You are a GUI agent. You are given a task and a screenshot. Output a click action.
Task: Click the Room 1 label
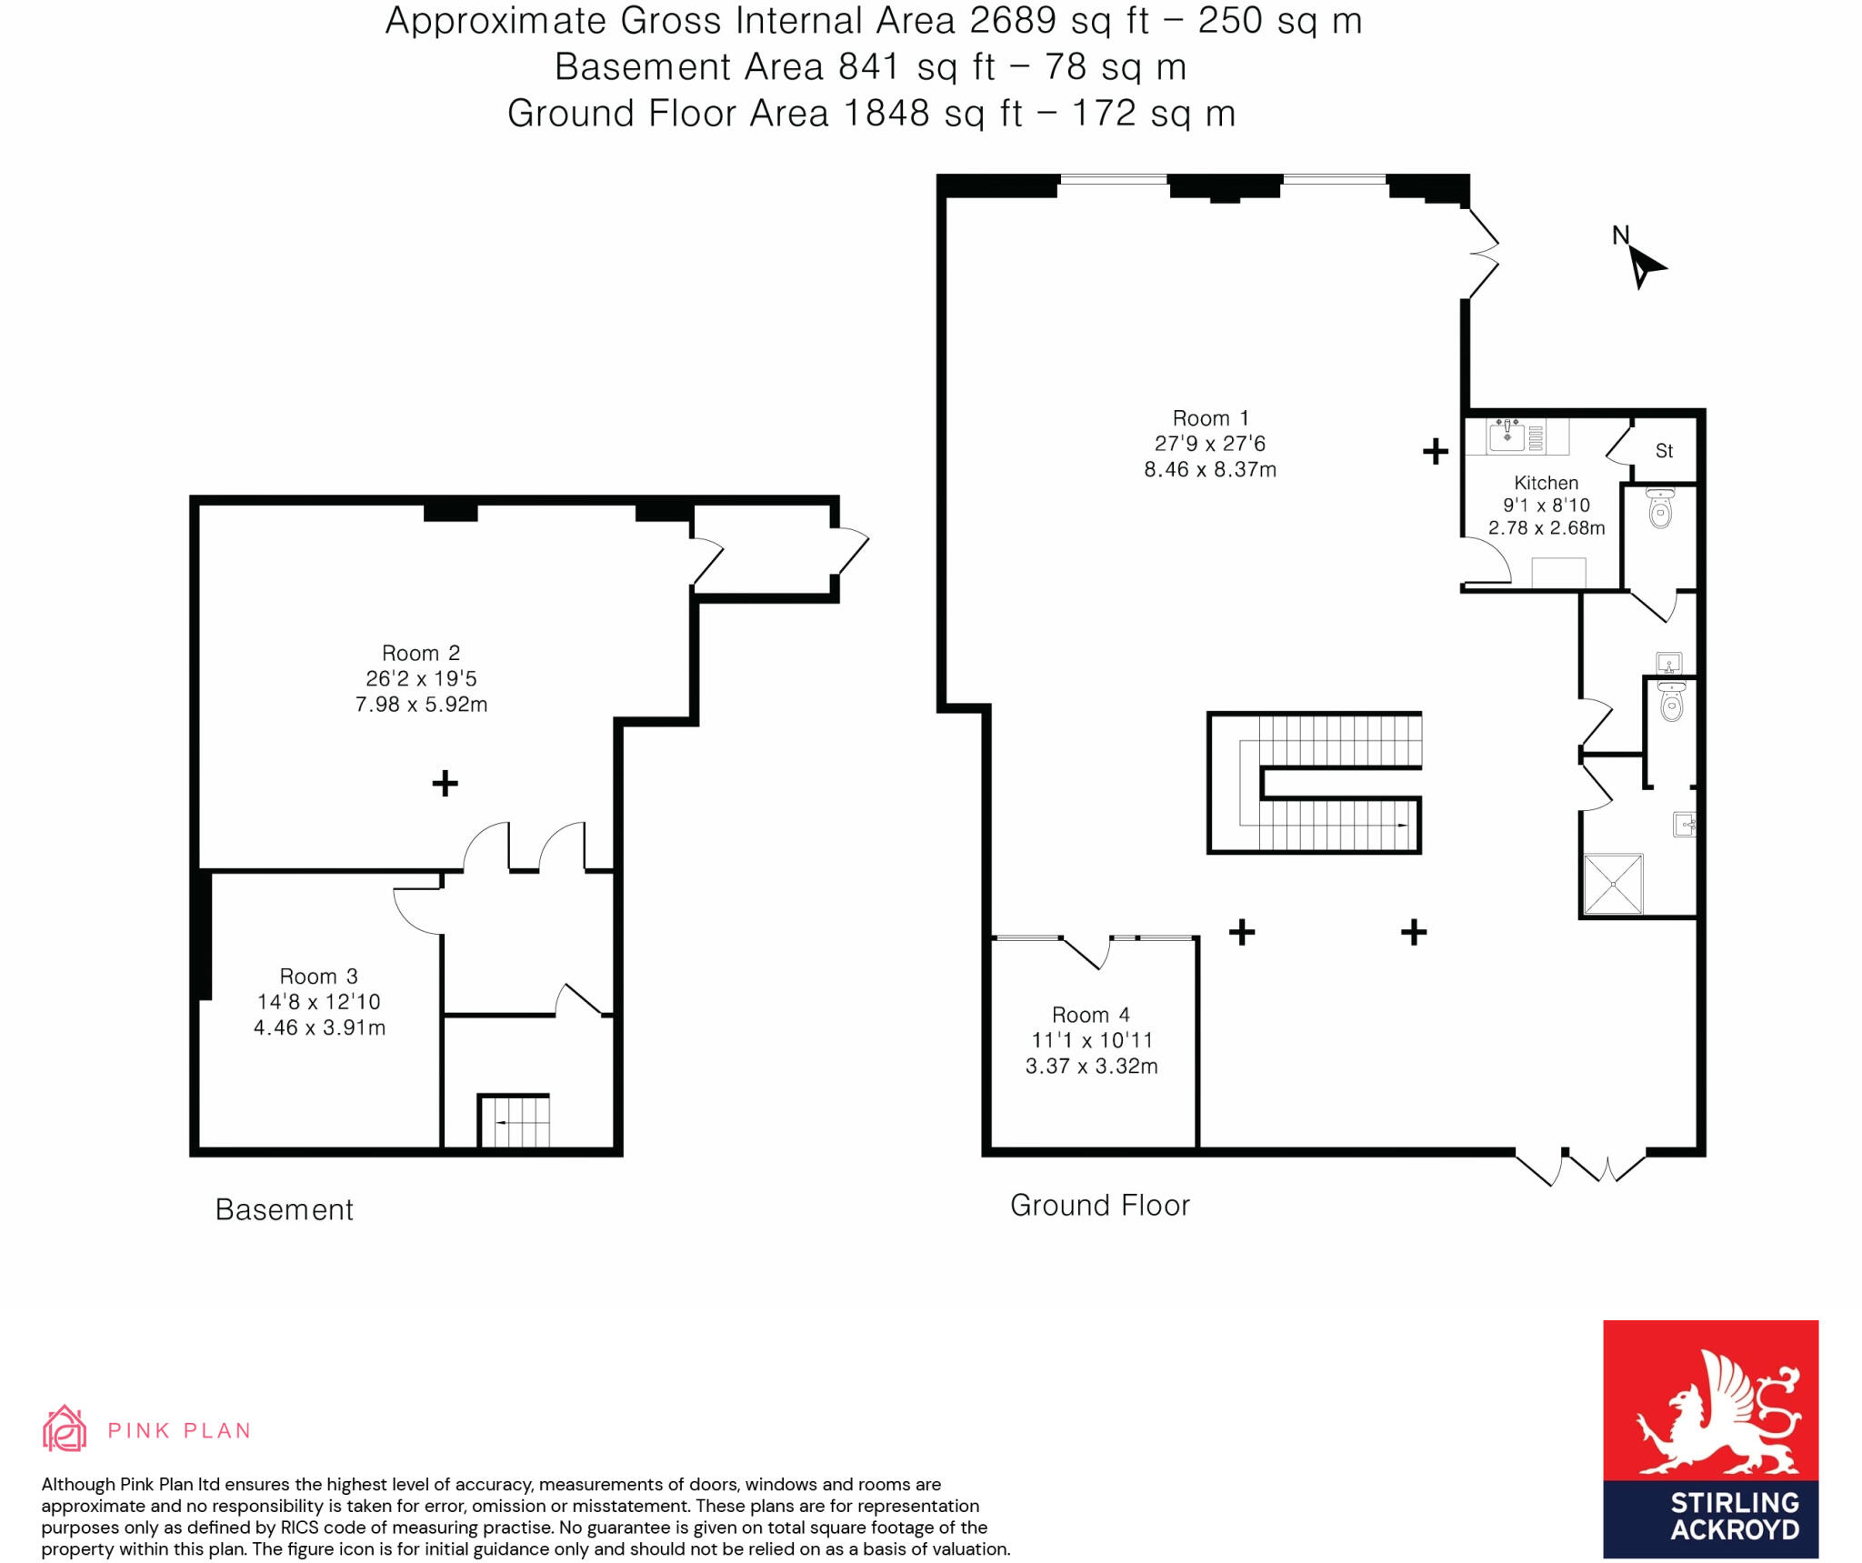tap(1209, 418)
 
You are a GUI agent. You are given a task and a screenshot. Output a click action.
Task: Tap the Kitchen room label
tap(1546, 483)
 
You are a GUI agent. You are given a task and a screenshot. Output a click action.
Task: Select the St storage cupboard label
tap(1664, 451)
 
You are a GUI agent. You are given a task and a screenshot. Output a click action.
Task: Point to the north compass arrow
tap(1644, 267)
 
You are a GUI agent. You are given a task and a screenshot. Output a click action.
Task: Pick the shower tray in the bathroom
tap(1613, 883)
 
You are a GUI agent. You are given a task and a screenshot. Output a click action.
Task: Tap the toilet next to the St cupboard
tap(1660, 510)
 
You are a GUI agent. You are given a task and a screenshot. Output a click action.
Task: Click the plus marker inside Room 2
tap(445, 783)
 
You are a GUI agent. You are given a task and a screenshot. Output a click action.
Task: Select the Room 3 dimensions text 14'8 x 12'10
tap(318, 1002)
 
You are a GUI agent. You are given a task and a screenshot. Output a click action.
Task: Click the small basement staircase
tap(515, 1121)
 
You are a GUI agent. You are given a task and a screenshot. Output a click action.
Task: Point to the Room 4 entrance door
tap(1086, 951)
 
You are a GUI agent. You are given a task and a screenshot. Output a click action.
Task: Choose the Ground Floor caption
tap(1099, 1206)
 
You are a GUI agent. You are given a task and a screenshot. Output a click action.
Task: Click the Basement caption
tap(284, 1210)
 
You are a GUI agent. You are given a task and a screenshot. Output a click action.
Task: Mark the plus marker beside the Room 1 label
tap(1435, 451)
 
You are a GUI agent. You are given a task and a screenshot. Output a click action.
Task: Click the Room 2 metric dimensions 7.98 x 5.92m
tap(421, 705)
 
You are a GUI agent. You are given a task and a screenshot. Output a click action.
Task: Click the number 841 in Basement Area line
tap(868, 67)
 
